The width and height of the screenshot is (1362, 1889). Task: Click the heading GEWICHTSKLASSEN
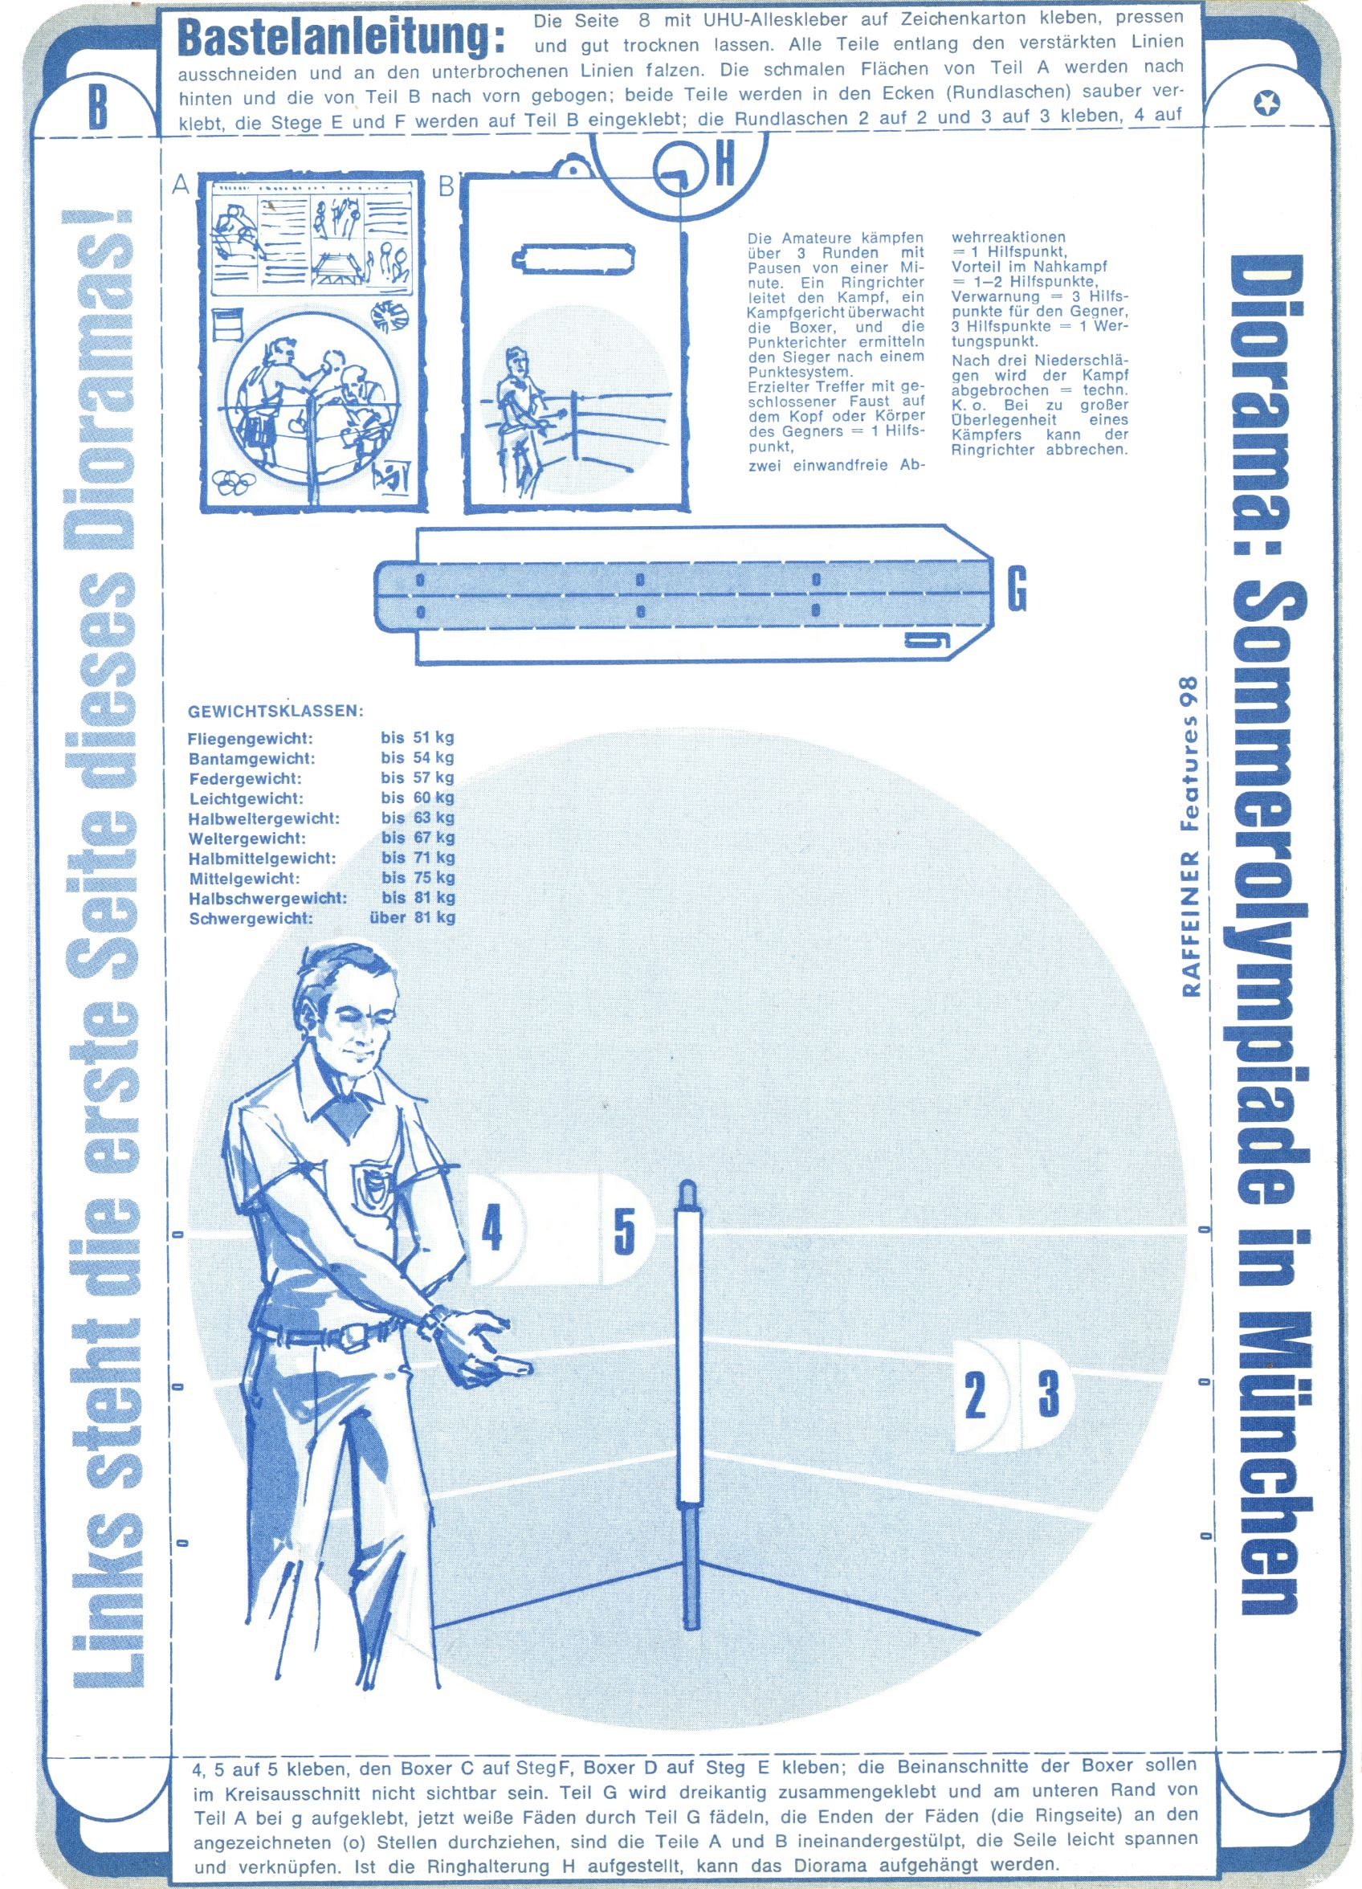[x=275, y=712]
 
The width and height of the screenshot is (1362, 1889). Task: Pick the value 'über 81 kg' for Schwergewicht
[x=412, y=919]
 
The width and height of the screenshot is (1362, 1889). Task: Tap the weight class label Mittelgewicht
[x=244, y=879]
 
